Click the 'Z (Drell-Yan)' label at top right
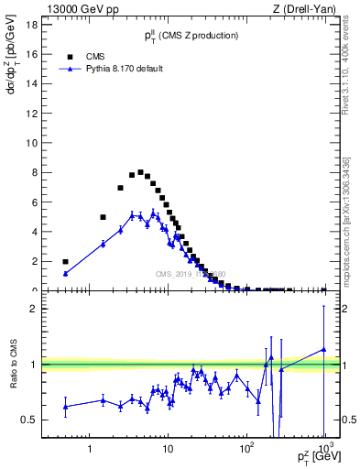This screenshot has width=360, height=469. pos(308,9)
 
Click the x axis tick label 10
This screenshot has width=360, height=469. pos(167,451)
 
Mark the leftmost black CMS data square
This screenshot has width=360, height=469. pos(65,261)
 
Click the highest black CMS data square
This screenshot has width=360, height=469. pos(140,172)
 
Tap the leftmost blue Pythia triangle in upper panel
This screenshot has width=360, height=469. pos(65,273)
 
